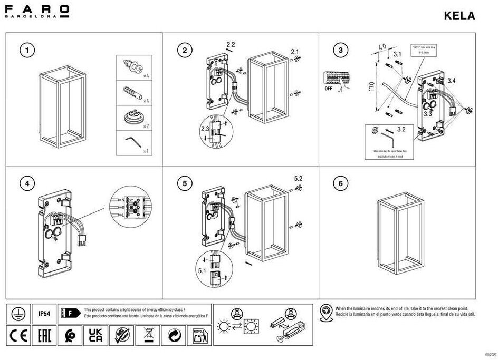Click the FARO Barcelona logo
click(36, 11)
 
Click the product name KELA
click(459, 16)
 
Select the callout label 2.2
click(231, 43)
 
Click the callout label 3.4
click(452, 81)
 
